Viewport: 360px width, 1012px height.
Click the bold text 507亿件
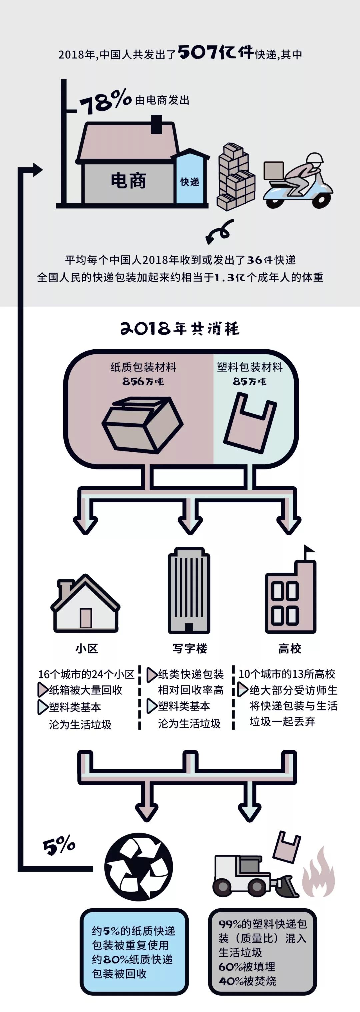pyautogui.click(x=216, y=52)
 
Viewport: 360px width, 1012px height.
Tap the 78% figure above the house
pyautogui.click(x=105, y=101)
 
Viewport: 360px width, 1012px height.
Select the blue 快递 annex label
pyautogui.click(x=190, y=182)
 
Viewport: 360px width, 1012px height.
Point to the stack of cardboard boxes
pyautogui.click(x=236, y=177)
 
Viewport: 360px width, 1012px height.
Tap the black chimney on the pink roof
pyautogui.click(x=156, y=124)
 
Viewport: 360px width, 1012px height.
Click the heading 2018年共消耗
pyautogui.click(x=180, y=328)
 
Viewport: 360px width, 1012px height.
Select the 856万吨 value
pyautogui.click(x=143, y=381)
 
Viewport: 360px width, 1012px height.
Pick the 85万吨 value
pyautogui.click(x=249, y=381)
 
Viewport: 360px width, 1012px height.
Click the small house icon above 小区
pyautogui.click(x=85, y=603)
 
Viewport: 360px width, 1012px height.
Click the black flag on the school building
pyautogui.click(x=309, y=550)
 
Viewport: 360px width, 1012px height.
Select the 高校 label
pyautogui.click(x=290, y=649)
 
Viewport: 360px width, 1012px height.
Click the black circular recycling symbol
pyautogui.click(x=138, y=867)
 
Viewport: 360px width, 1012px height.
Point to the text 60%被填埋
pyautogui.click(x=247, y=966)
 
